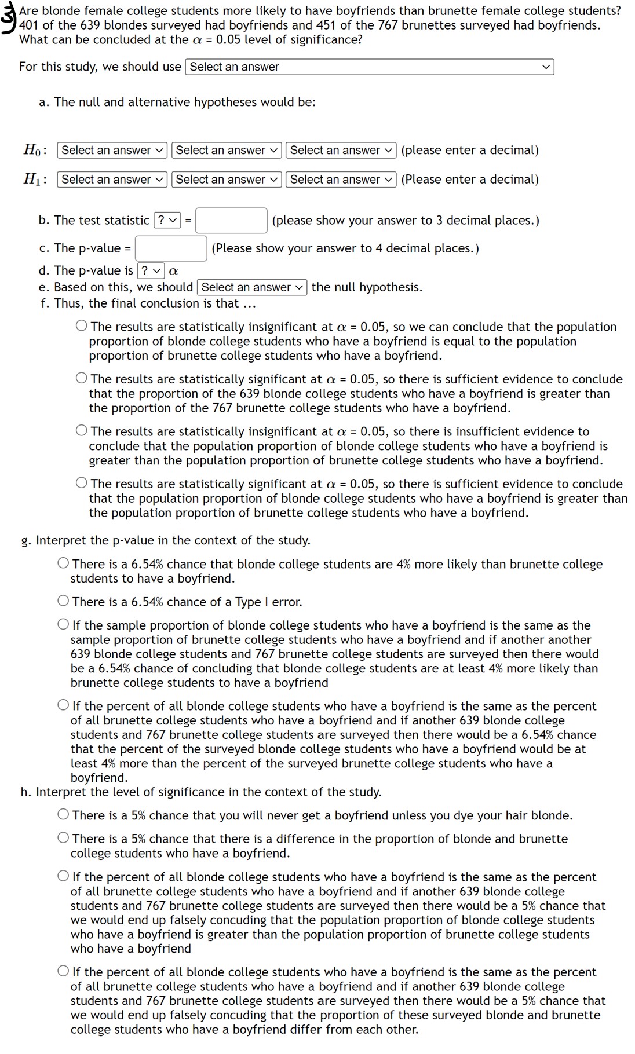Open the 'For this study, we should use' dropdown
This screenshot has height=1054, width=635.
click(369, 67)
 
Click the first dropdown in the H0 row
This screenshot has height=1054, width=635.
click(112, 151)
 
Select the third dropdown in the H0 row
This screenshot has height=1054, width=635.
click(341, 151)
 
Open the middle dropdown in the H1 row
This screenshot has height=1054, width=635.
click(227, 180)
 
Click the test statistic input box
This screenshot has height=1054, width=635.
click(231, 221)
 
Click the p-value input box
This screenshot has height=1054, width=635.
click(171, 248)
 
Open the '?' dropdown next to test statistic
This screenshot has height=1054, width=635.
click(167, 221)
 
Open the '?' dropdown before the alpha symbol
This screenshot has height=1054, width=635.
click(151, 270)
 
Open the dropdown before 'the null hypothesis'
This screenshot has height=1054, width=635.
click(252, 287)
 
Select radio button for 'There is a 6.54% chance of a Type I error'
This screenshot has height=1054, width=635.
click(63, 601)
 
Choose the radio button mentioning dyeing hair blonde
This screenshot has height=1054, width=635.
click(63, 815)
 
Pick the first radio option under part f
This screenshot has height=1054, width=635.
click(82, 326)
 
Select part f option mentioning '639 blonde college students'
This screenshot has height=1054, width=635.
click(82, 379)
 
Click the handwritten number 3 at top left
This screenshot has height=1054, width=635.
click(8, 17)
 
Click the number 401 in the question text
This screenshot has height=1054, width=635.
click(29, 25)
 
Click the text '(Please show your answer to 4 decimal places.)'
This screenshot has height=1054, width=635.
click(345, 248)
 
